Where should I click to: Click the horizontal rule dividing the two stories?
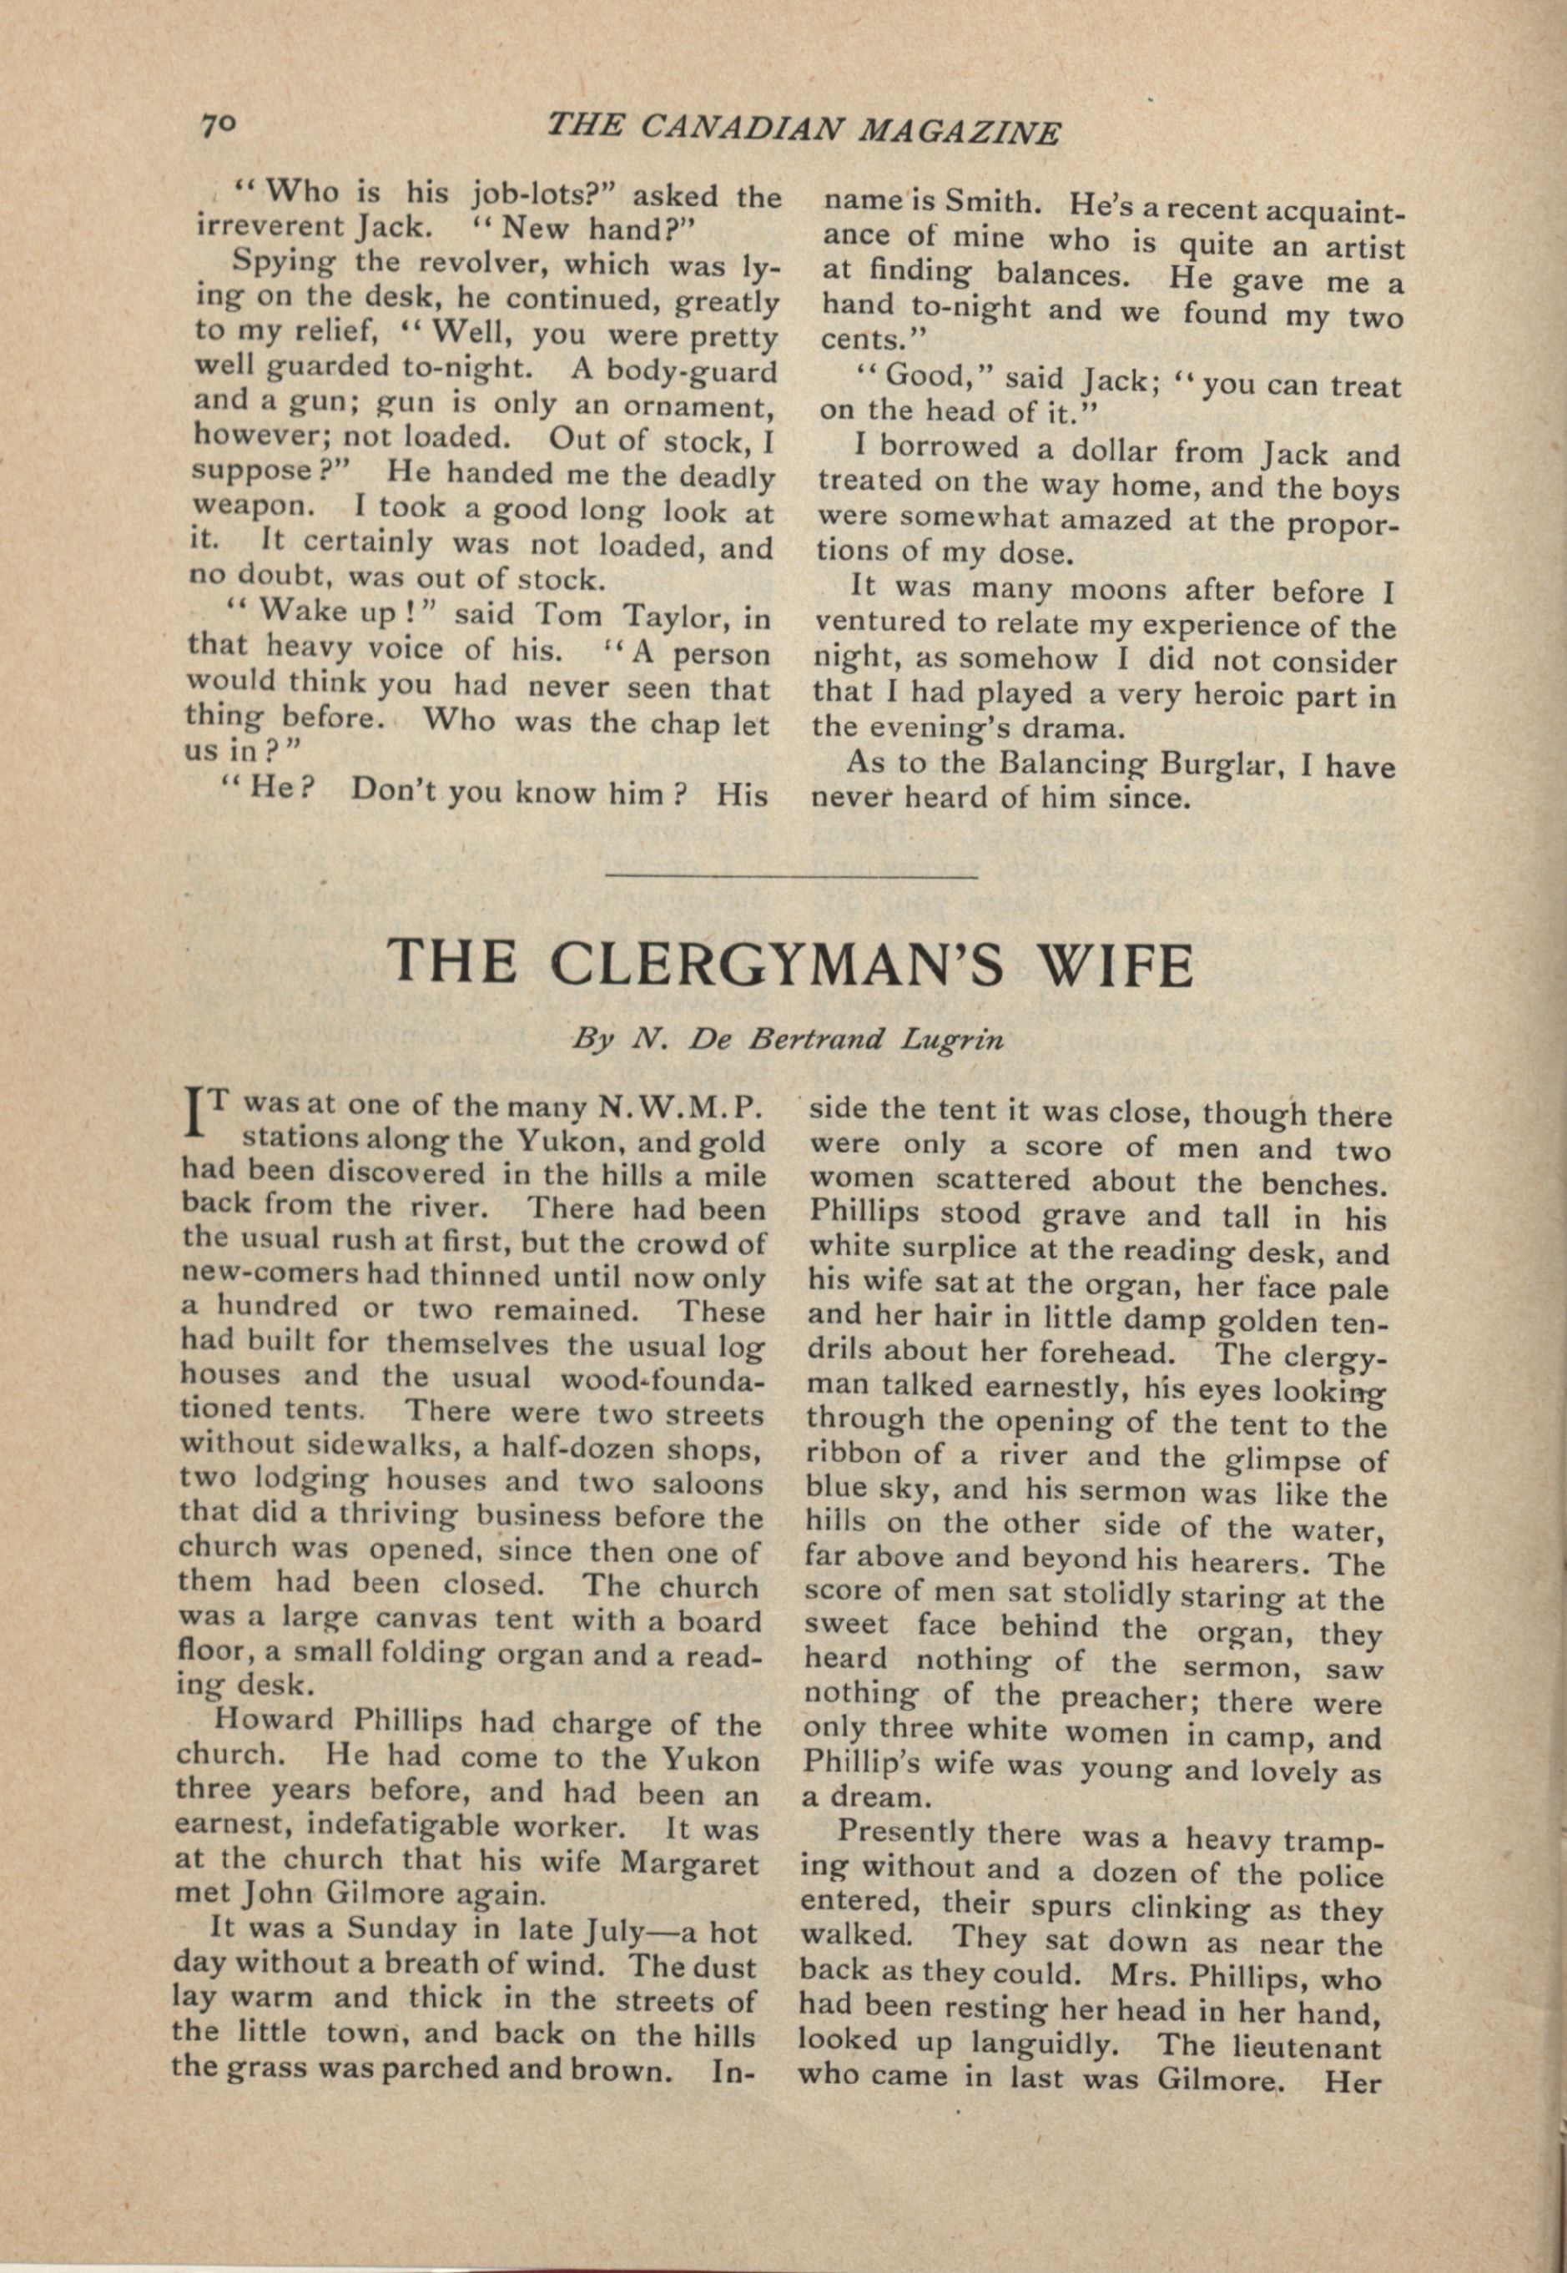[793, 874]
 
